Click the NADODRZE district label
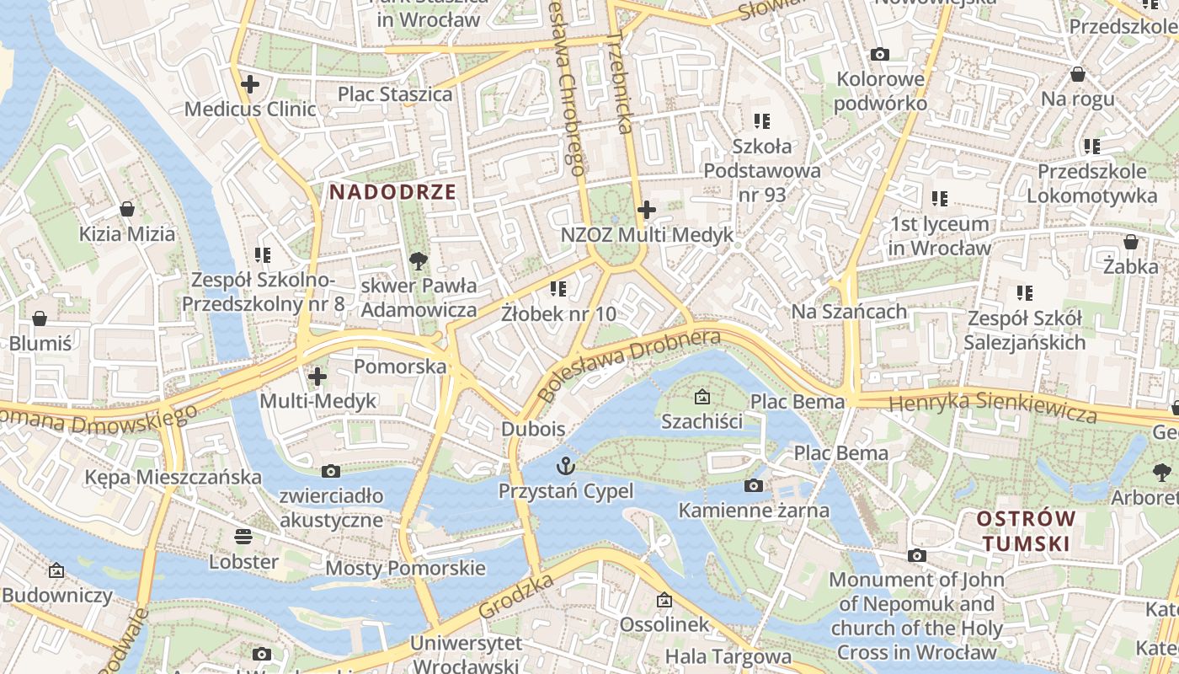point(392,192)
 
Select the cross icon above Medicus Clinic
point(250,84)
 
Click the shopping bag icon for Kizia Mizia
point(127,208)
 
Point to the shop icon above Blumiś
point(40,318)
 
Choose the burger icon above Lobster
point(243,536)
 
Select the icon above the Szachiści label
point(702,395)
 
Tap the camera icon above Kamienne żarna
point(754,485)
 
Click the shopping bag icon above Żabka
point(1130,242)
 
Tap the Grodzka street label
point(516,596)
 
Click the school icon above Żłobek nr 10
point(557,289)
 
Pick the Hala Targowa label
point(728,656)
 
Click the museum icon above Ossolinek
point(664,600)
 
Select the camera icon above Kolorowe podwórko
point(880,55)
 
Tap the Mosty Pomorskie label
point(405,568)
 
